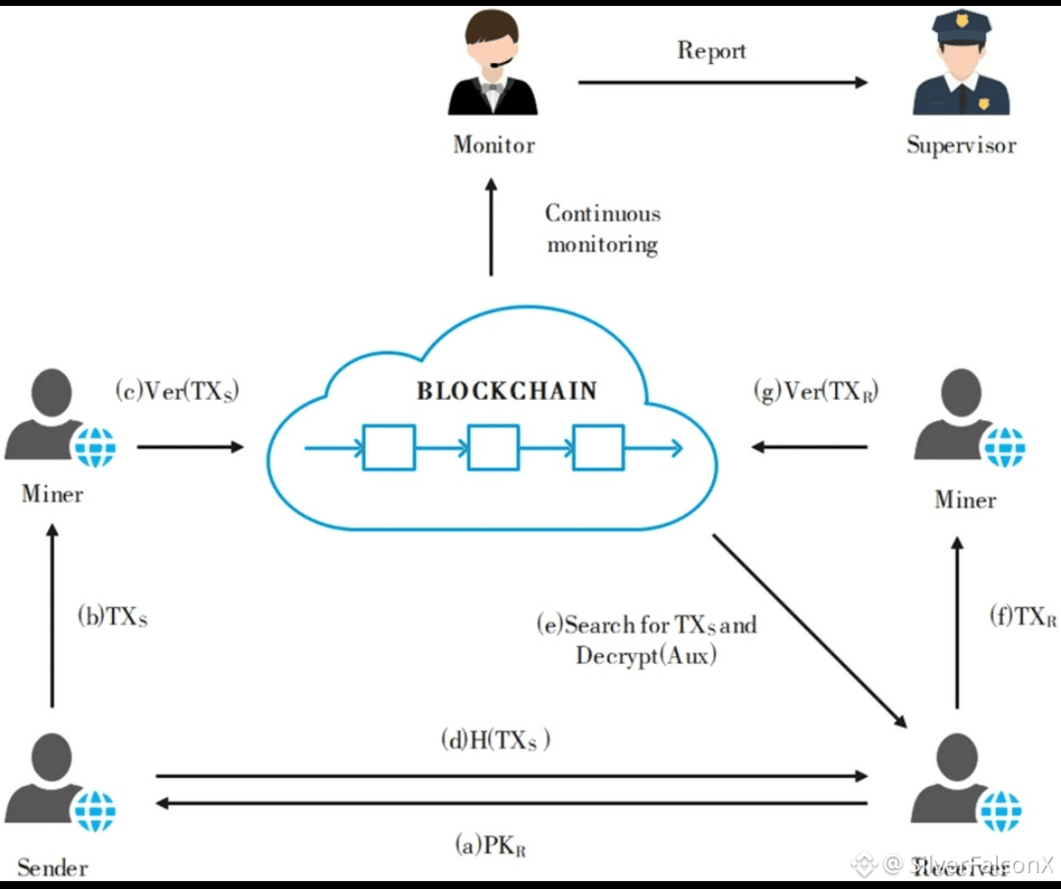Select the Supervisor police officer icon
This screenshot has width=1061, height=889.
pos(961,71)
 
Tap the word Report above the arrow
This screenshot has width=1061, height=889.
pos(711,50)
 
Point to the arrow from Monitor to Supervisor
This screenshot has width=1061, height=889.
pos(722,83)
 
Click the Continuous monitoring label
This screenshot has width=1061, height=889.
pos(602,229)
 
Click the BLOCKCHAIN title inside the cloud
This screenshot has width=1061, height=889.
pos(506,391)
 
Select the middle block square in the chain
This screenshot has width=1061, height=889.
pos(493,448)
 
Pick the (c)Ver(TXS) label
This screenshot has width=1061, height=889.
pos(177,391)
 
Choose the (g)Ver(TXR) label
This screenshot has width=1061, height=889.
pos(815,392)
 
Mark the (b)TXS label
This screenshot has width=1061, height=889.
pos(112,617)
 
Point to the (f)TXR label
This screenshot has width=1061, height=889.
pos(1023,617)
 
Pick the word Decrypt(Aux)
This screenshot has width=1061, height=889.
pos(645,655)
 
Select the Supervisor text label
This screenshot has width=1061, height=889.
pos(961,145)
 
